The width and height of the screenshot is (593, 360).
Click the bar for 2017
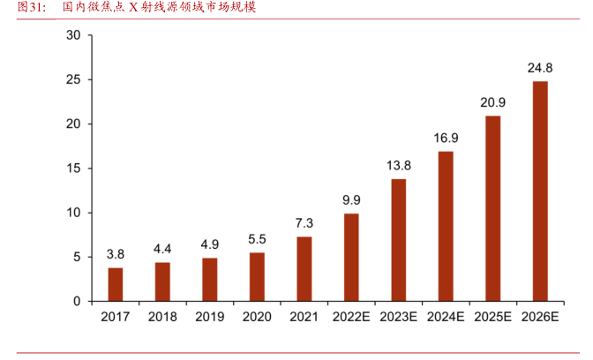coord(116,284)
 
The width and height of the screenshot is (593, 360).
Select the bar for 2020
coord(257,277)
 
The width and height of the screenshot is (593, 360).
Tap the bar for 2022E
coord(351,258)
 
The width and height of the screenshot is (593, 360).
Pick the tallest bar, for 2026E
coord(540,191)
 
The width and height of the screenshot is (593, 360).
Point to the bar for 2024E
coord(446,227)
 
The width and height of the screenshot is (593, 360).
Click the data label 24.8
coord(540,67)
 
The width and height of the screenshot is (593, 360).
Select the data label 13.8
coord(399,165)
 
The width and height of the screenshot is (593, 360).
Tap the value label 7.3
coord(304,223)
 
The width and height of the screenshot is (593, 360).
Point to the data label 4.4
coord(162,249)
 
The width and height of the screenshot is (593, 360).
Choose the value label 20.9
coord(493,102)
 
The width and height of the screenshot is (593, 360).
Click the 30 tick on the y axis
coord(73,35)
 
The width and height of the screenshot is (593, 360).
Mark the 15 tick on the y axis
coord(73,169)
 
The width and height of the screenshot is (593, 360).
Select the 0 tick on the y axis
coord(77,302)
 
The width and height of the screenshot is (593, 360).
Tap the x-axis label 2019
coord(209,317)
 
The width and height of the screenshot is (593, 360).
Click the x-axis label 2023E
coord(399,317)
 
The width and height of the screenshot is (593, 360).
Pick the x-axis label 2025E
coord(493,317)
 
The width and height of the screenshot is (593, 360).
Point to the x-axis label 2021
coord(304,317)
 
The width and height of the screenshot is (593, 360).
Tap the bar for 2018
coord(162,281)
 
